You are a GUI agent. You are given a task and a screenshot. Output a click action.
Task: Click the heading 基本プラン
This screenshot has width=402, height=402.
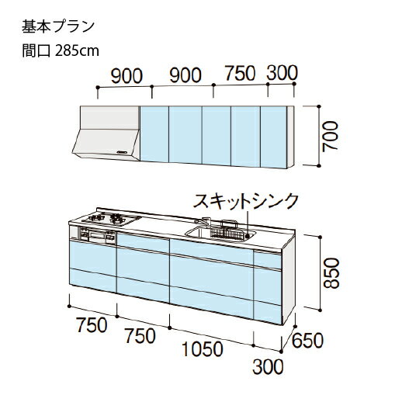tap(58, 26)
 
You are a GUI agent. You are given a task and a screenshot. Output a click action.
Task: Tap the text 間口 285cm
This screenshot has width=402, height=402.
tap(61, 50)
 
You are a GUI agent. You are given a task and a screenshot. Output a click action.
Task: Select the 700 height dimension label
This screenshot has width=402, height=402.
tap(331, 136)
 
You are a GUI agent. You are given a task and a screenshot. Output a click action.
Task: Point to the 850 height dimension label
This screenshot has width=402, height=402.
tap(331, 273)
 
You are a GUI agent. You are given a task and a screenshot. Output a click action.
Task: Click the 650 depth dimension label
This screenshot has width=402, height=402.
tap(307, 340)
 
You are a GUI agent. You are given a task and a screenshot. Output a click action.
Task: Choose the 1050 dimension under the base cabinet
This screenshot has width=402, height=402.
tap(202, 348)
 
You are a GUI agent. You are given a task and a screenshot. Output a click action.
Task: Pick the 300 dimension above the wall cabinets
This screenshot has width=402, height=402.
tap(282, 73)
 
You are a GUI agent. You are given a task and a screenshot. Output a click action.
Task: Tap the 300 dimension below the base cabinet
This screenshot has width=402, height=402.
tap(269, 367)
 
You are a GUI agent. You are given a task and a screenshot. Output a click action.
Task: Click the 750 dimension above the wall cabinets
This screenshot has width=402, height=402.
tap(241, 74)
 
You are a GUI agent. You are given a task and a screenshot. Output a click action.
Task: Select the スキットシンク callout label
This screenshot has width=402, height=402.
tap(246, 201)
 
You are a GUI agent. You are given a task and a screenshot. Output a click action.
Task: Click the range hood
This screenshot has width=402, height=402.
tap(106, 133)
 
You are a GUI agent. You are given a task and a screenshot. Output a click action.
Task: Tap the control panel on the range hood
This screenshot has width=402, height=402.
tap(123, 152)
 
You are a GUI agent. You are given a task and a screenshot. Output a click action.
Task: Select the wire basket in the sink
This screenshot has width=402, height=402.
tap(227, 231)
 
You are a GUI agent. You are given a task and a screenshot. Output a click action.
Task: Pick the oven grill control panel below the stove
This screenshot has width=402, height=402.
tap(97, 235)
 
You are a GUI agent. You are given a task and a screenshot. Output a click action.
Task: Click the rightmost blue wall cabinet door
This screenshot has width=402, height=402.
tap(274, 137)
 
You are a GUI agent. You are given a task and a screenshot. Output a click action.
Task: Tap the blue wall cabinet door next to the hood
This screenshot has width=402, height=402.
tap(154, 134)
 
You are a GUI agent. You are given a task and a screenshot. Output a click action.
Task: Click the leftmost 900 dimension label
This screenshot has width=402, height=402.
tap(126, 76)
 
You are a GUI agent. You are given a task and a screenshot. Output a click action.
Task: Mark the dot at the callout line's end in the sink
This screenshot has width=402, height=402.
tap(248, 236)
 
